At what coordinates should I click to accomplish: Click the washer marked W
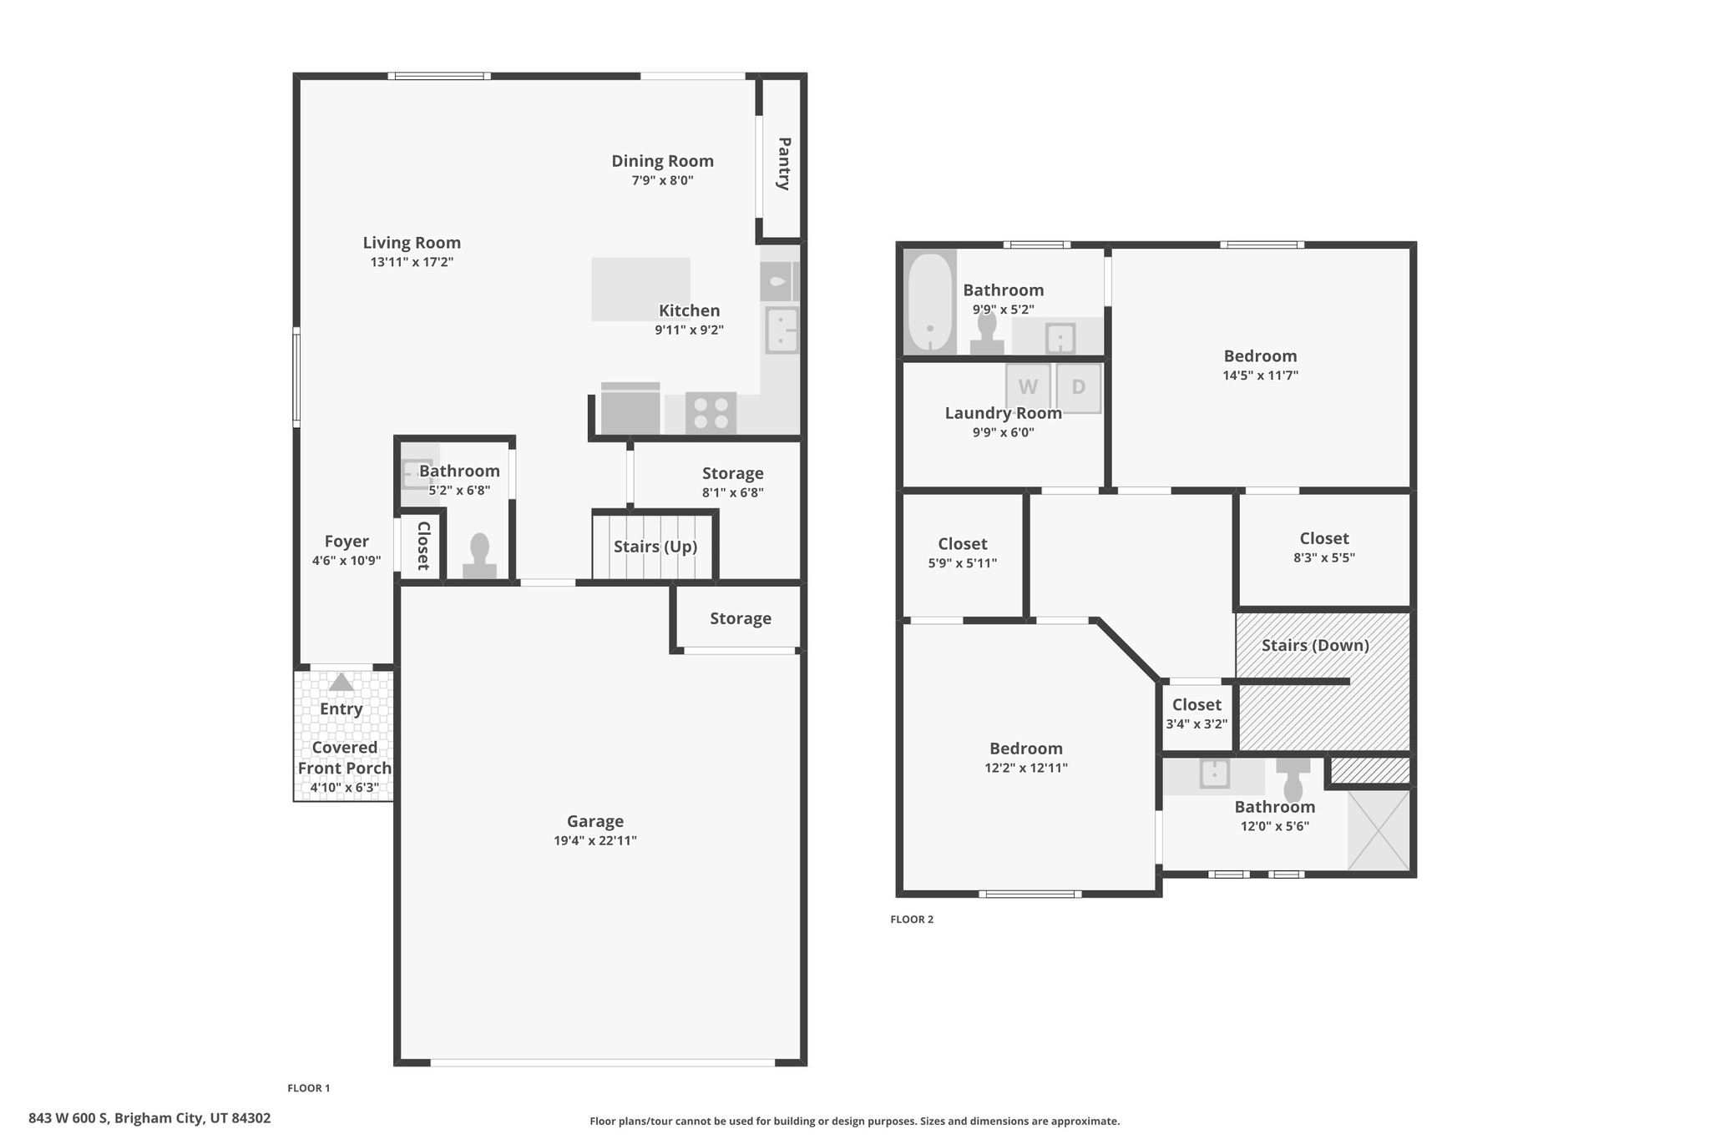coord(1028,388)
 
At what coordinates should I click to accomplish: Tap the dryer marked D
coord(1079,388)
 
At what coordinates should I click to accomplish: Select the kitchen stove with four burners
coord(711,413)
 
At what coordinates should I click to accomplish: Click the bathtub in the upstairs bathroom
coord(930,302)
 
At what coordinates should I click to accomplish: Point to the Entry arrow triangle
coord(341,683)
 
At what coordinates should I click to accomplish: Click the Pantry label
coord(784,164)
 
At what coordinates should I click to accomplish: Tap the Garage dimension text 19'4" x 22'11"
coord(594,840)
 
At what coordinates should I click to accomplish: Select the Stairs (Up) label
coord(655,547)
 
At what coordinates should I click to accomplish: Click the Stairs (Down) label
coord(1314,645)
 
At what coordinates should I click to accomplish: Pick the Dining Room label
coord(662,161)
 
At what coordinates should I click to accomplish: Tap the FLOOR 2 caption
coord(911,920)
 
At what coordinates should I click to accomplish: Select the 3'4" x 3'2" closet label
coord(1196,723)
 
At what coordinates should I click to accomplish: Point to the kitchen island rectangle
coord(640,289)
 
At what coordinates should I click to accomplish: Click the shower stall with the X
coord(1379,830)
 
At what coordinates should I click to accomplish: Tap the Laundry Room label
coord(1003,413)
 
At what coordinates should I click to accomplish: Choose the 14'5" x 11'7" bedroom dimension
coord(1259,375)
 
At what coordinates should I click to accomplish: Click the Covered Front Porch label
coord(345,758)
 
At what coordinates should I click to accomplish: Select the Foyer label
coord(346,542)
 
